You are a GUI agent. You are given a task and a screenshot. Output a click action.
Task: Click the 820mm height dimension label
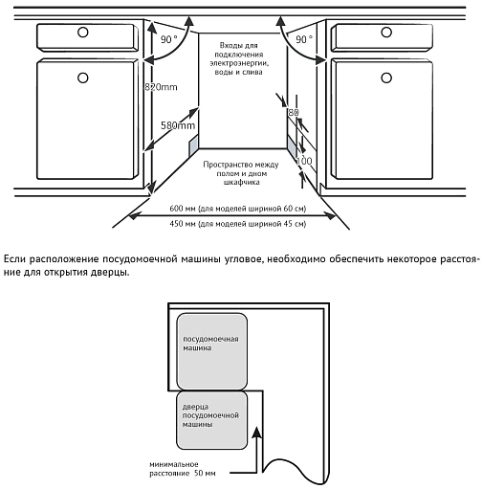(161, 87)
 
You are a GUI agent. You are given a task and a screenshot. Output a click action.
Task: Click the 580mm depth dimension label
(178, 125)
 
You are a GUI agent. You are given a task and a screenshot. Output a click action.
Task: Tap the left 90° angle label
(168, 39)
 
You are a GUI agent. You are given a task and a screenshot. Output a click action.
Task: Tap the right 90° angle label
(304, 39)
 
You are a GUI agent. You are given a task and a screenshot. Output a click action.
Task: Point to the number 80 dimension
(294, 112)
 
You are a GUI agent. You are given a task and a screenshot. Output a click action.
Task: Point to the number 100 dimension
(304, 161)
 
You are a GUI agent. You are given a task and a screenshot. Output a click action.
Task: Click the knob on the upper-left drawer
(83, 33)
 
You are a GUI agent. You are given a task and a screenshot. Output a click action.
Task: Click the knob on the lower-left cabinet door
(83, 78)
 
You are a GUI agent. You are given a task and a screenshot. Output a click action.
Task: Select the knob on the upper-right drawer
(386, 33)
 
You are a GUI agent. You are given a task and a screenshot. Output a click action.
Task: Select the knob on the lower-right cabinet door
(386, 78)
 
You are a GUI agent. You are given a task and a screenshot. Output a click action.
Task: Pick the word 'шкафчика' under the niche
(242, 182)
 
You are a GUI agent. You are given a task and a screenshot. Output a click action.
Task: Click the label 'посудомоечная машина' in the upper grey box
(210, 344)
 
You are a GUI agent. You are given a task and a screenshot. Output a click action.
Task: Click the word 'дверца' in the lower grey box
(195, 407)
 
